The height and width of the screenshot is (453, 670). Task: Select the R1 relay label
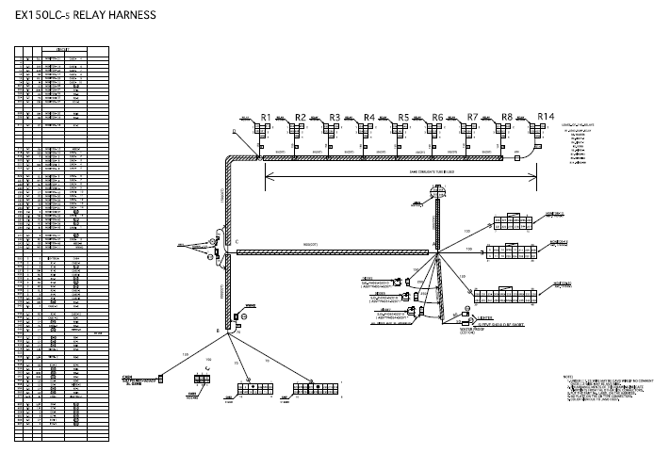(267, 117)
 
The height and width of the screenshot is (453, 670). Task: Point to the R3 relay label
(335, 117)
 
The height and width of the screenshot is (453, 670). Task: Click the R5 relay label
(403, 117)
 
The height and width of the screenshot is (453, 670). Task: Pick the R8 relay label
(506, 117)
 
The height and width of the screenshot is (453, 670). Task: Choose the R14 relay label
(546, 117)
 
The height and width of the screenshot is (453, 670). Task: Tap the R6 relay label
(437, 117)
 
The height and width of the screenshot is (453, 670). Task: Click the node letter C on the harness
(237, 243)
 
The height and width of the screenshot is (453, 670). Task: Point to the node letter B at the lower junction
(219, 332)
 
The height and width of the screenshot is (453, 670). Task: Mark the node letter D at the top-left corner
(234, 131)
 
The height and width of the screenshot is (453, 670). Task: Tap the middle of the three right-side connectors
(513, 251)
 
